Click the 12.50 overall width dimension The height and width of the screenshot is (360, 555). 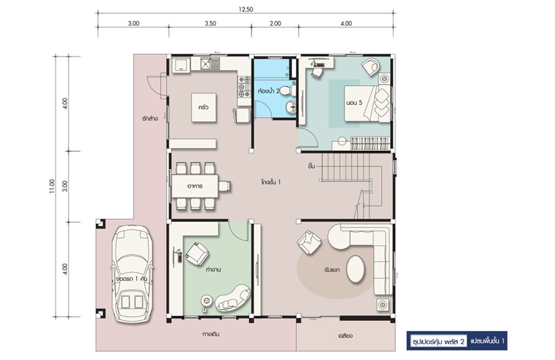(246, 10)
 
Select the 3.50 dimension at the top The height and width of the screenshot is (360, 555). (210, 23)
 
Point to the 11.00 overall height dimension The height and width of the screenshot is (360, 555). (52, 186)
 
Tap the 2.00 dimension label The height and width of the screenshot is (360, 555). (275, 23)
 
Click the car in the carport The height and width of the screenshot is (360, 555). (132, 274)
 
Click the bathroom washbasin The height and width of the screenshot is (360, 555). (291, 107)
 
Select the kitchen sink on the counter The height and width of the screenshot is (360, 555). (210, 64)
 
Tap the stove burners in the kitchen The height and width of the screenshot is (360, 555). (244, 86)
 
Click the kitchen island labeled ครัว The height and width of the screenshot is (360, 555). (204, 107)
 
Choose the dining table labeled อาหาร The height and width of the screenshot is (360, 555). (195, 186)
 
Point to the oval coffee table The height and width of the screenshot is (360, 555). (355, 269)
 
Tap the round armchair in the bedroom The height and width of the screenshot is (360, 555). (371, 67)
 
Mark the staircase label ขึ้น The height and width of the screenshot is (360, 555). (312, 166)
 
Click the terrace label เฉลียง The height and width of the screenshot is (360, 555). (345, 336)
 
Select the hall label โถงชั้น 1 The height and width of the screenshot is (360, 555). (271, 182)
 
